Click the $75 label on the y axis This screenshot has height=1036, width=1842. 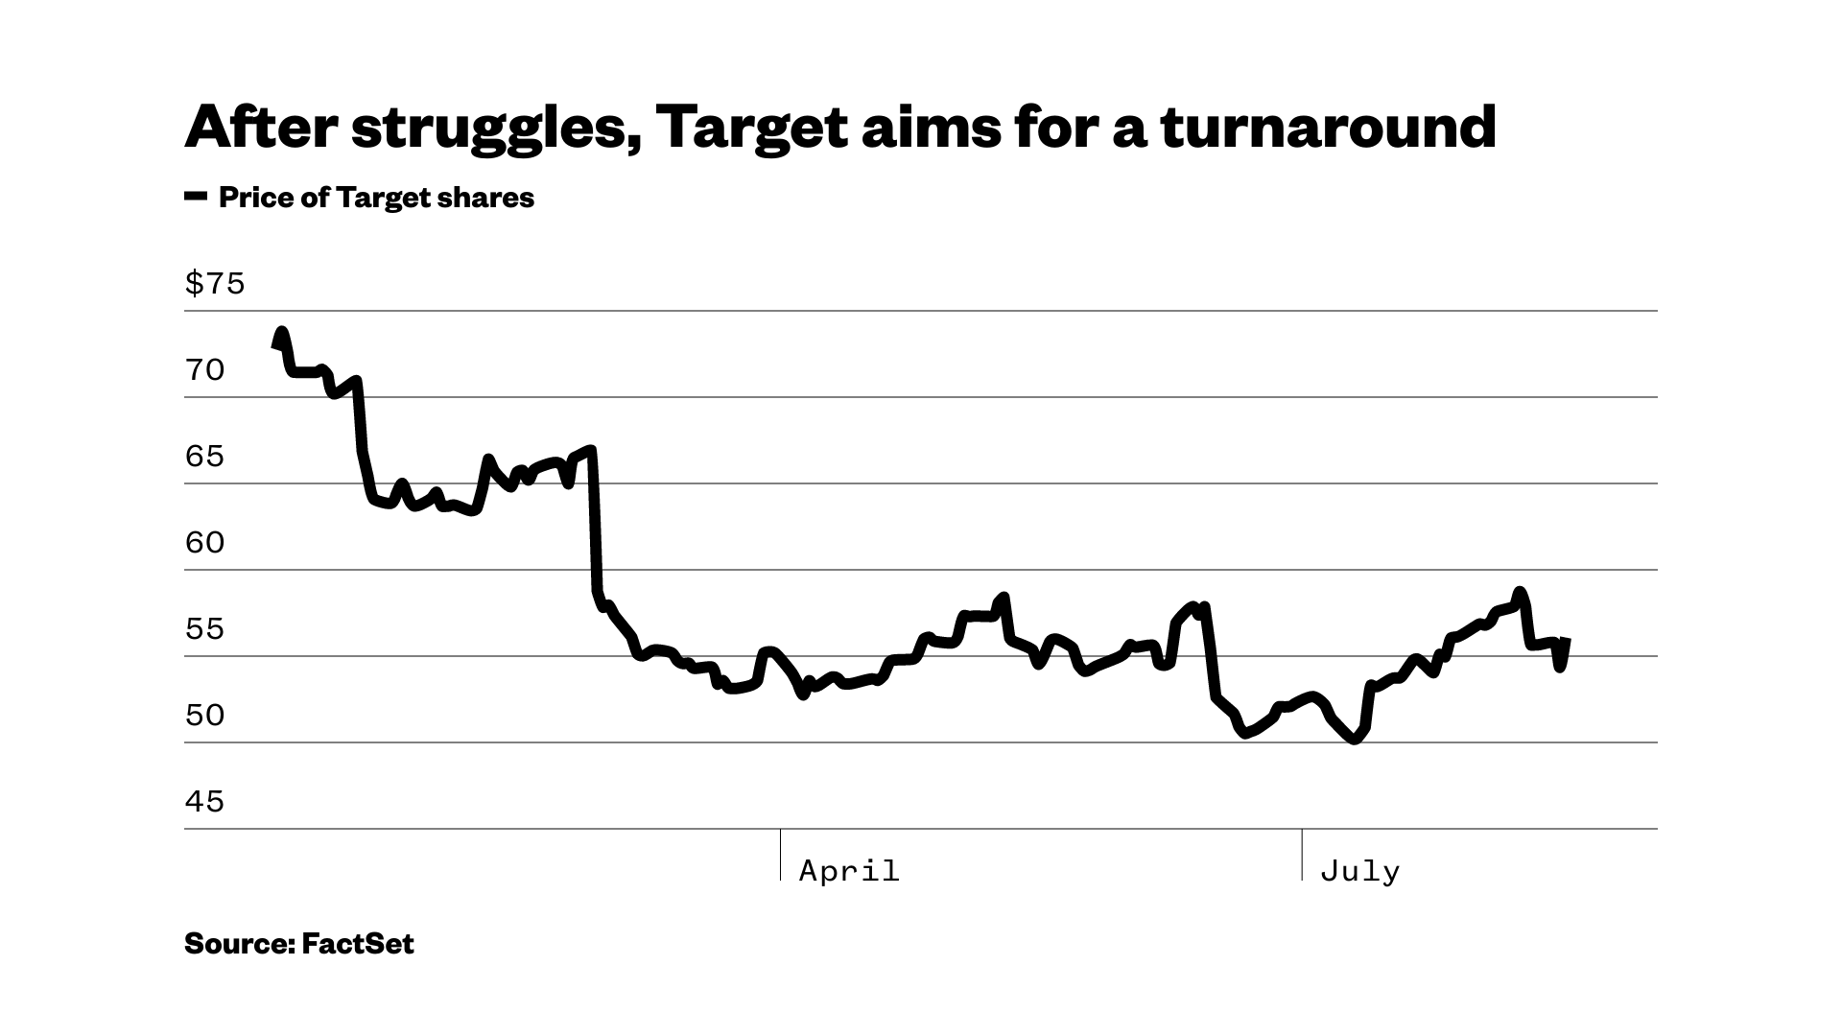(x=215, y=284)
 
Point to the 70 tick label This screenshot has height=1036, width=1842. (x=204, y=370)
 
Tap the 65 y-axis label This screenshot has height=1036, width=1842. (x=204, y=457)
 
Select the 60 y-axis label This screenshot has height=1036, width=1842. (x=204, y=543)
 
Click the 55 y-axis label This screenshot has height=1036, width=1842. (x=204, y=629)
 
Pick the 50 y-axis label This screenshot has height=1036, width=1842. (x=204, y=716)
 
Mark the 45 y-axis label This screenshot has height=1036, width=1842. (x=204, y=802)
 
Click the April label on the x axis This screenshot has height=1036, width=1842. (x=849, y=871)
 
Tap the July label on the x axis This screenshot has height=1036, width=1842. (x=1359, y=871)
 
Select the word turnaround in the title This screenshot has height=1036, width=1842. (x=1328, y=128)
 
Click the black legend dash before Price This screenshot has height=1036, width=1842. (x=196, y=197)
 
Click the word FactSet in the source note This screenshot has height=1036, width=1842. (x=358, y=944)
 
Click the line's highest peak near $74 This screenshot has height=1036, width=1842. (x=281, y=332)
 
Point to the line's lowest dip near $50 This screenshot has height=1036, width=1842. (x=1355, y=740)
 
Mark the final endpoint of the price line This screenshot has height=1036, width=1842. (x=1567, y=639)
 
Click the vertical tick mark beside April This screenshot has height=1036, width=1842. (x=781, y=854)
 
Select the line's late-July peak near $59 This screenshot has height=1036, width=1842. (x=1519, y=592)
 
